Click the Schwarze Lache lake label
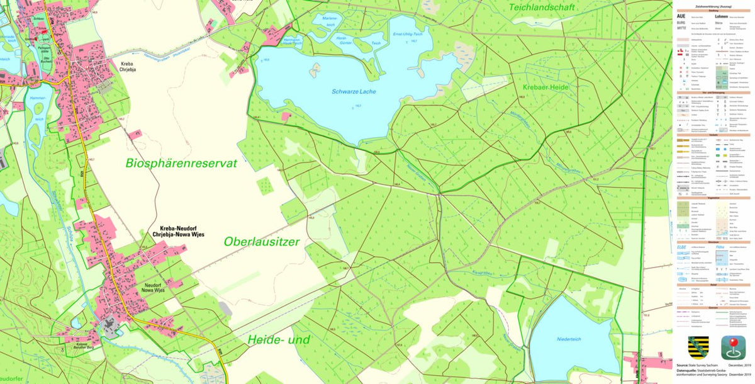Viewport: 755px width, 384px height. [354, 92]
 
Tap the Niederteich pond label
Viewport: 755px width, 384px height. [571, 339]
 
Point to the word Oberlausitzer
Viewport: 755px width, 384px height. [262, 242]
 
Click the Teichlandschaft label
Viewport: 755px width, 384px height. [544, 8]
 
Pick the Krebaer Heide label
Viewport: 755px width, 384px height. [546, 86]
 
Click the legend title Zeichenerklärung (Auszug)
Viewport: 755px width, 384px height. [713, 6]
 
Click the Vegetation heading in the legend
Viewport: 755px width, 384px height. [713, 197]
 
